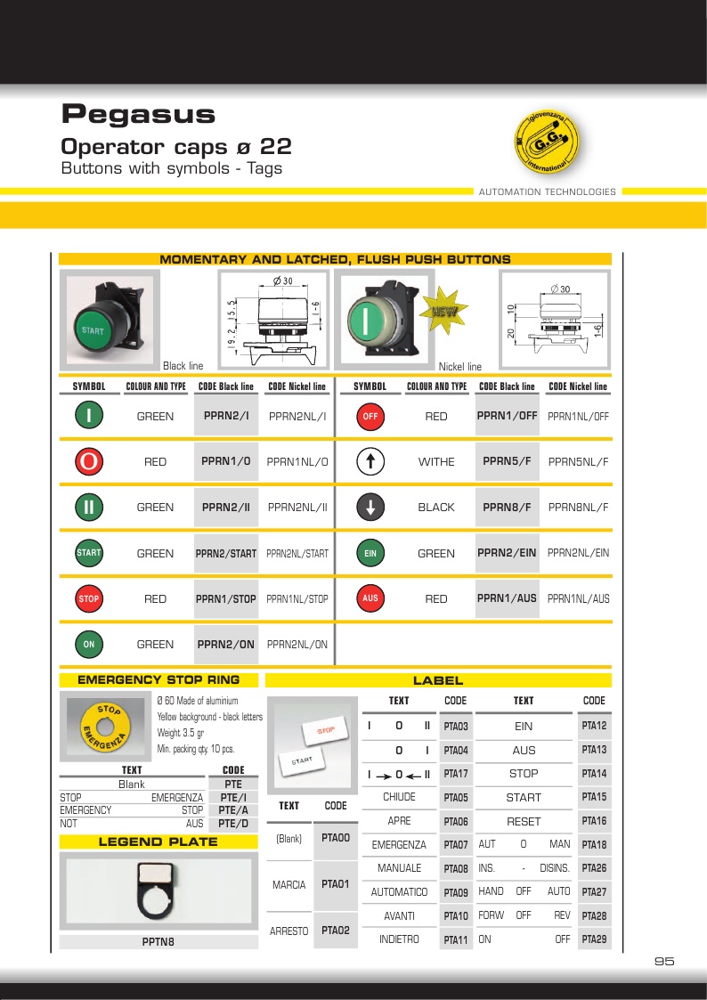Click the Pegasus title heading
138,114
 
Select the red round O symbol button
89,461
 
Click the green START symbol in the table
89,553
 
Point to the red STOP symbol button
89,599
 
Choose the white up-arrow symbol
370,461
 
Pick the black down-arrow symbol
370,508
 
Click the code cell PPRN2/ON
226,644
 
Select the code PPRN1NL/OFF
579,416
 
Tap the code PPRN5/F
507,461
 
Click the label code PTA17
456,773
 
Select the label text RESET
524,821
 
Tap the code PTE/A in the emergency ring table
233,810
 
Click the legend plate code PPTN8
158,941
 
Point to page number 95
664,961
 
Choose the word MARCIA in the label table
289,885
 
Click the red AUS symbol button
370,599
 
